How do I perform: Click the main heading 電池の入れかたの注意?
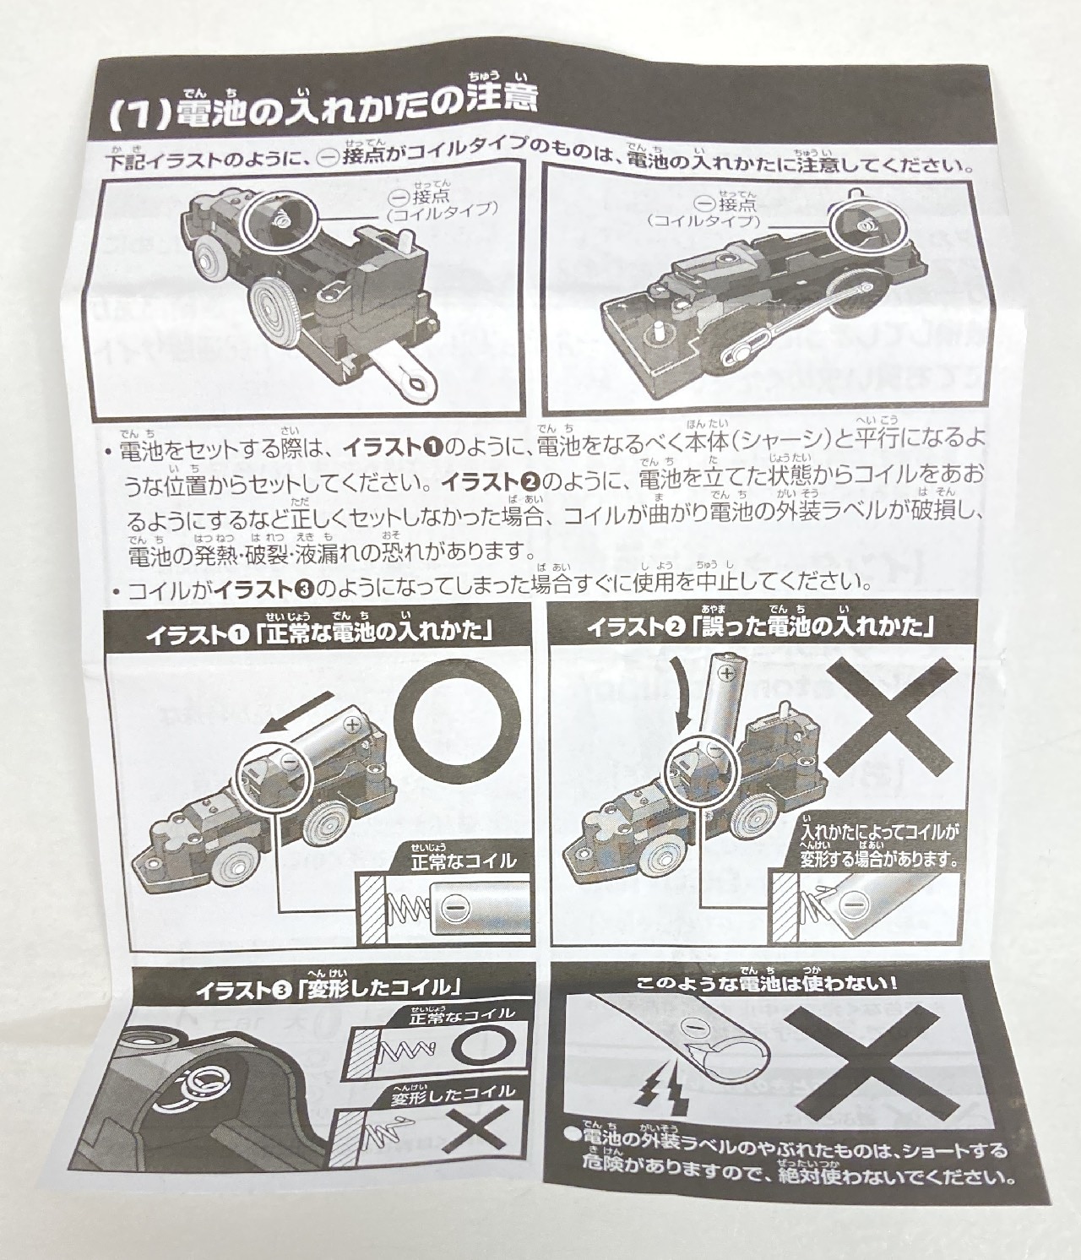coord(356,108)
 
